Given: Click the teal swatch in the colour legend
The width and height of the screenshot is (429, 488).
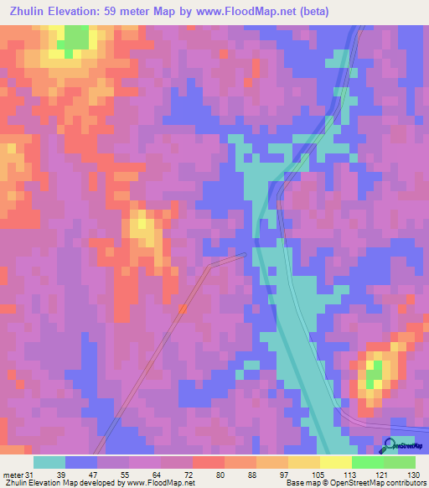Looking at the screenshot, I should [x=49, y=462].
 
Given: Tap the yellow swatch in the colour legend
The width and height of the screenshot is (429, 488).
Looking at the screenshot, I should [x=335, y=462].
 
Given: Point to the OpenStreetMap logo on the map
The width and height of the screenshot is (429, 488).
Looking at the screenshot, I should [x=403, y=446].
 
